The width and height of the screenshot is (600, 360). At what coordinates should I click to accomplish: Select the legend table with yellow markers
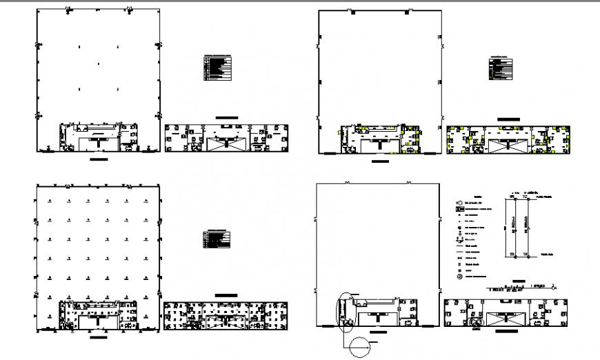point(501,68)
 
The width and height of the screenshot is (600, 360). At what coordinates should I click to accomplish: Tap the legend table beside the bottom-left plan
point(217,239)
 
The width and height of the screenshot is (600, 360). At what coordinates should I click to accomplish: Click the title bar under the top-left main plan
point(99,159)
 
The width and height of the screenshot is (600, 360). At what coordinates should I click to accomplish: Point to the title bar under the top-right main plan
point(380,161)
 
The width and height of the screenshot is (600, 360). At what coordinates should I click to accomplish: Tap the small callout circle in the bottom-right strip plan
point(475,321)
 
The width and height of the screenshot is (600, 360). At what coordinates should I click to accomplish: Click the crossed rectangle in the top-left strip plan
point(226,142)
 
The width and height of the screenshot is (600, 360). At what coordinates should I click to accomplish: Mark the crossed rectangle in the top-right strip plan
point(508,144)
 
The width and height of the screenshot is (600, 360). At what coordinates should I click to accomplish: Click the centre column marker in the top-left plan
point(99,64)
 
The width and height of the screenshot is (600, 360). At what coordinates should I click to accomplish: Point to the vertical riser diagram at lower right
point(519,226)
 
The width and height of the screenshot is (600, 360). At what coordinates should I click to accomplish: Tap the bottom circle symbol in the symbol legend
point(459,277)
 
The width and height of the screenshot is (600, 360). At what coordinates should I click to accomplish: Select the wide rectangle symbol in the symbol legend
point(459,208)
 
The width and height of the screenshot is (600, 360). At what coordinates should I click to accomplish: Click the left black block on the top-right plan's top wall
point(352,12)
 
